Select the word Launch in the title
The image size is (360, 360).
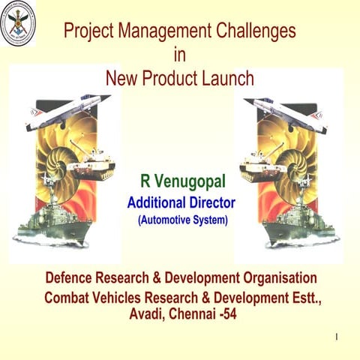(x=227, y=77)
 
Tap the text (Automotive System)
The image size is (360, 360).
(x=182, y=220)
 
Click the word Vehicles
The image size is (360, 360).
(x=127, y=297)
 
